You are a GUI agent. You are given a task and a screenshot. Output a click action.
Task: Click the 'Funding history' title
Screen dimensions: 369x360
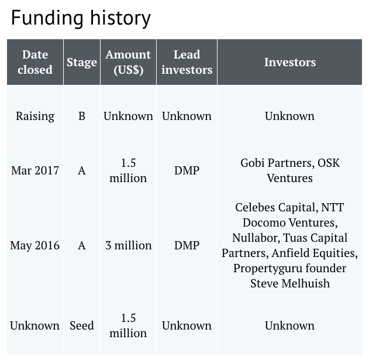(x=81, y=18)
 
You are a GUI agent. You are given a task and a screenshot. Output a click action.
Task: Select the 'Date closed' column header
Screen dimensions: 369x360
(x=35, y=62)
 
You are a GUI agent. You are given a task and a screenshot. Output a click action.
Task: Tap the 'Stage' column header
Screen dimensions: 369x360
(x=82, y=63)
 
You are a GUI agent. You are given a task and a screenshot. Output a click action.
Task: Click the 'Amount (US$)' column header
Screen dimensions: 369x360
(x=128, y=62)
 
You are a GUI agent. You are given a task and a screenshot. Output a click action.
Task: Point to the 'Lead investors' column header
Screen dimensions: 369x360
(x=187, y=62)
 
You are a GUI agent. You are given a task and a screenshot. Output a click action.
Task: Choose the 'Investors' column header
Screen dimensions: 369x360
(x=290, y=62)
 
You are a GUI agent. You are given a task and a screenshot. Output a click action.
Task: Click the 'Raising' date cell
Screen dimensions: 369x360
(x=35, y=116)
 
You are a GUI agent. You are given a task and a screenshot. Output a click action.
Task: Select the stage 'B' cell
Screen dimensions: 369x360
(x=82, y=116)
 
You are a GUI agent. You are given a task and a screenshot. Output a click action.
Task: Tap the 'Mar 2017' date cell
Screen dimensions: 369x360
(x=35, y=170)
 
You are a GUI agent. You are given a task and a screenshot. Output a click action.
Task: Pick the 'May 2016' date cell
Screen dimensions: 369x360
(x=35, y=245)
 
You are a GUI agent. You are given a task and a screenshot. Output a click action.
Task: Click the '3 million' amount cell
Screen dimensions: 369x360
(x=129, y=245)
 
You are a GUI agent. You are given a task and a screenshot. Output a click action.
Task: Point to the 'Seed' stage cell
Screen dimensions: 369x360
(x=82, y=325)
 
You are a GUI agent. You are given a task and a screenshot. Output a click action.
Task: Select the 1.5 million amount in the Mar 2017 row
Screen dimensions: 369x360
(x=128, y=170)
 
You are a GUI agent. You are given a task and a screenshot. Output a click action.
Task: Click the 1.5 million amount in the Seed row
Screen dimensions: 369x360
(x=128, y=325)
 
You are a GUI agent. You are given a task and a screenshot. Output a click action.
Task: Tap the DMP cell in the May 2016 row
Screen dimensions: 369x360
(x=187, y=245)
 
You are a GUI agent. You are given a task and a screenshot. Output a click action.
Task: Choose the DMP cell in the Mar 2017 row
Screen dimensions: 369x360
(x=187, y=170)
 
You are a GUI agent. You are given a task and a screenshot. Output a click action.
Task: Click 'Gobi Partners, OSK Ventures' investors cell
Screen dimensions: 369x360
(x=290, y=170)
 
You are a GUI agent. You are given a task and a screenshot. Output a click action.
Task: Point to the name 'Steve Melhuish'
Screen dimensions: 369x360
(x=290, y=283)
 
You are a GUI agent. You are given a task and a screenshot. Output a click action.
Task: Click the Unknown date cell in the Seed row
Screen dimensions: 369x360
(x=35, y=325)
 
